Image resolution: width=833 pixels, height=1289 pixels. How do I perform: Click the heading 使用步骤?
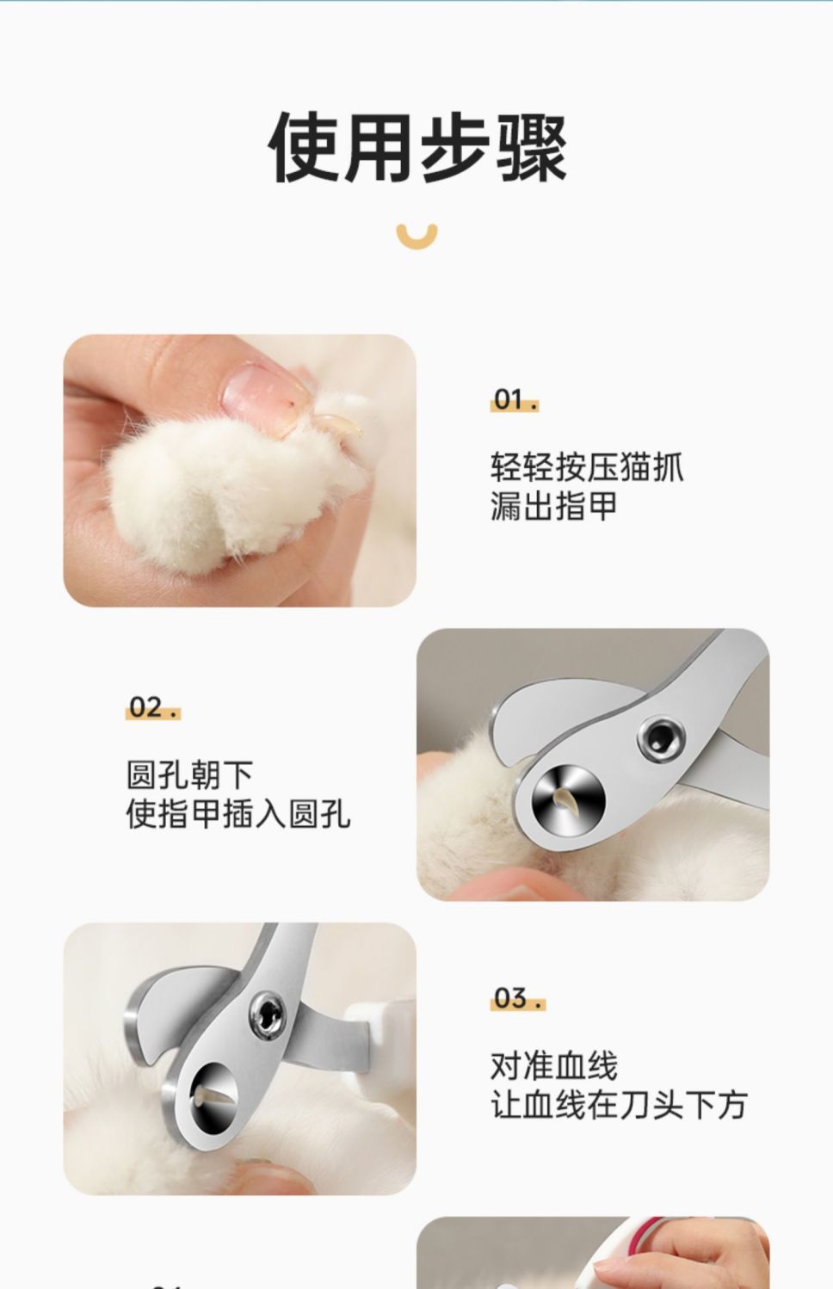point(417,147)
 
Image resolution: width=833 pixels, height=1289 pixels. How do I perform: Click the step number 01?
point(514,400)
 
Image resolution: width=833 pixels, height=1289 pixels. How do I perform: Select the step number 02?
point(153,708)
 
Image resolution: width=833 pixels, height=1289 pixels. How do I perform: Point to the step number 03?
point(518,998)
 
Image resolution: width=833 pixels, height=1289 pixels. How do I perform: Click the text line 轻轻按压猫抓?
point(587,466)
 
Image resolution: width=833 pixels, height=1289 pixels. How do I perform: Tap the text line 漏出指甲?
point(554,506)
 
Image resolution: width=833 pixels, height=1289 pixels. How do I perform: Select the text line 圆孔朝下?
point(190,774)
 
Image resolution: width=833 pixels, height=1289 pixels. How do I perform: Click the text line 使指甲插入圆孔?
point(238,814)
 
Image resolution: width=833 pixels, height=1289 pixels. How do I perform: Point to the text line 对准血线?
point(554,1066)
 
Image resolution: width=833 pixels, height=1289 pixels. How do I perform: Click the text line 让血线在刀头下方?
point(619,1105)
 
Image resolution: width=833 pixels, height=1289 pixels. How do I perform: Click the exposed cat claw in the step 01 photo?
point(340,425)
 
